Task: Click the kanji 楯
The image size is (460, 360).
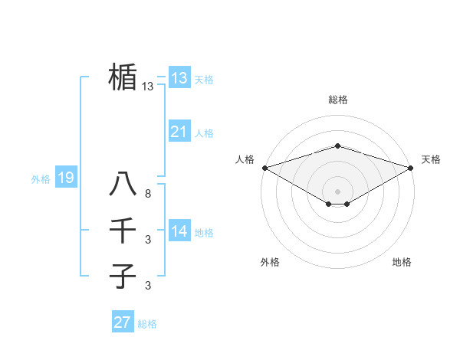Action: tap(123, 77)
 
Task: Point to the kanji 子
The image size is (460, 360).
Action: tap(123, 276)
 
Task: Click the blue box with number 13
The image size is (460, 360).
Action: tap(179, 77)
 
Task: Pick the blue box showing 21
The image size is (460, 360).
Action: tap(179, 132)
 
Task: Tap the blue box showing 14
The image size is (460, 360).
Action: tap(179, 231)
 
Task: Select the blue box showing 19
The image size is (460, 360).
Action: tap(65, 178)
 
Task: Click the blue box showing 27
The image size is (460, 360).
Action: tap(122, 322)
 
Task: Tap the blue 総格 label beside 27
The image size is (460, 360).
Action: tap(147, 324)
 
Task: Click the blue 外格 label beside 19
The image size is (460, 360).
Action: tap(41, 179)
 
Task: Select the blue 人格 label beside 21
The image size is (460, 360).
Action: tap(204, 133)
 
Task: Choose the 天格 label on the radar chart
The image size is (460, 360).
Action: tap(432, 159)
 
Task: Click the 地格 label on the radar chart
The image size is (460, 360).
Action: tap(402, 262)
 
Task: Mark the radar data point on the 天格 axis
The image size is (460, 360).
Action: tap(411, 167)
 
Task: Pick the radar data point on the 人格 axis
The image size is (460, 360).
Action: tap(264, 167)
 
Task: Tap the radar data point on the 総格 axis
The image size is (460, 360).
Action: tap(337, 146)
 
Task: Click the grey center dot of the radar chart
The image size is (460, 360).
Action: tap(337, 191)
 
